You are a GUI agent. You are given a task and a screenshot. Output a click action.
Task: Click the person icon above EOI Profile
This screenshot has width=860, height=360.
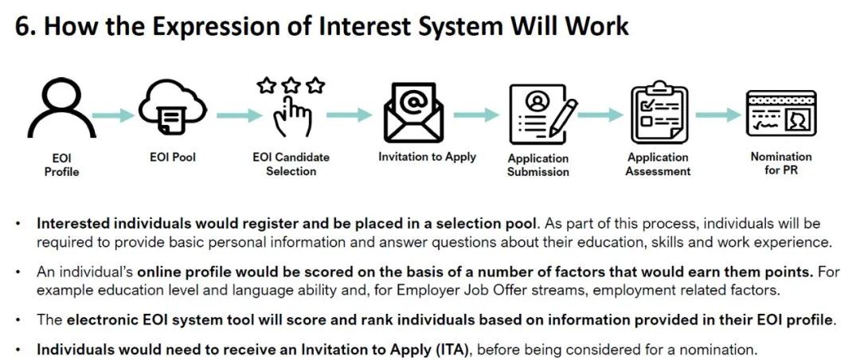click(61, 110)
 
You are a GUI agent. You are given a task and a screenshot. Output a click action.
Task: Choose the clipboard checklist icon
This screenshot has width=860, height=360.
click(658, 112)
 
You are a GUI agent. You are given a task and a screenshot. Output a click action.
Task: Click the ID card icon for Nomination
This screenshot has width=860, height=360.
click(781, 114)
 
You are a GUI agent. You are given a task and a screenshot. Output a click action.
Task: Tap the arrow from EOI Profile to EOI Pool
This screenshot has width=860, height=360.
click(113, 115)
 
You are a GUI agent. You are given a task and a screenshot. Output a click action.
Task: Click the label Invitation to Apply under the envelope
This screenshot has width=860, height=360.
click(428, 157)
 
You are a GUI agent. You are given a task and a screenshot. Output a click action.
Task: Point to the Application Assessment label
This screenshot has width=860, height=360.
click(658, 164)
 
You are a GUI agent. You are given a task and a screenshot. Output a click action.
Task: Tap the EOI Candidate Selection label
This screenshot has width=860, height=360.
click(291, 164)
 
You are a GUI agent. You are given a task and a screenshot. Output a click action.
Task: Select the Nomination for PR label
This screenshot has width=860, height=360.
click(781, 163)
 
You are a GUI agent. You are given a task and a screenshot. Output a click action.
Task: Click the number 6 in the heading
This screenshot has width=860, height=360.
click(21, 27)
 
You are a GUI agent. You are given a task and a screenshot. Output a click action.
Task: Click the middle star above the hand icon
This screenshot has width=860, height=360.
click(292, 85)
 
